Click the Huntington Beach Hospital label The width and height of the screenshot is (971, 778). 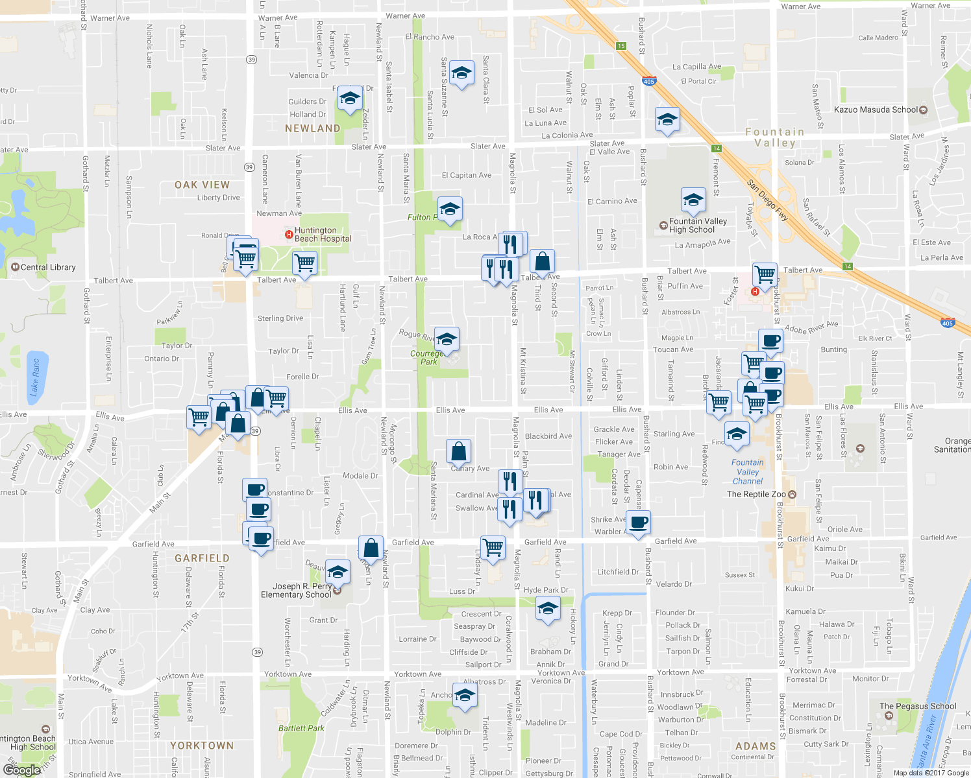coord(323,235)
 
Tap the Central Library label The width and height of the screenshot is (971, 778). coord(48,267)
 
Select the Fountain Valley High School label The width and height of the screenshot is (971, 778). coord(698,226)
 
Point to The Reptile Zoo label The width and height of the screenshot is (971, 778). coord(756,494)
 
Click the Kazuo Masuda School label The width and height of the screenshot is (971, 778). coord(876,110)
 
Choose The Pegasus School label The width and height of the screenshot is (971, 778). coord(918,706)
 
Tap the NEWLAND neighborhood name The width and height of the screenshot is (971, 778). coord(312,128)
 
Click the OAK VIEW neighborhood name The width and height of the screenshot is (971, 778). coord(202,185)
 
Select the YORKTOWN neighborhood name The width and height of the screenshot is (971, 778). coord(202,746)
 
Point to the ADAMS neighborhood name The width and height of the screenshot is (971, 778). coord(756,746)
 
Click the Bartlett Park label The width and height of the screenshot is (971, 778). coord(301,728)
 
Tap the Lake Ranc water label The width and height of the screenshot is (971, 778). coord(35,377)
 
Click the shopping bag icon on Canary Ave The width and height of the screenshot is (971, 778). coord(458,451)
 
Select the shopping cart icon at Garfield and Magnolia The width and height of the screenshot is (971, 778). coord(493,547)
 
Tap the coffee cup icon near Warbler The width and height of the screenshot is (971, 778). coord(639,523)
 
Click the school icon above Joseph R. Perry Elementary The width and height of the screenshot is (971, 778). coord(337,572)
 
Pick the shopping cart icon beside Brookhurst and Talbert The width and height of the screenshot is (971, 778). coord(765,274)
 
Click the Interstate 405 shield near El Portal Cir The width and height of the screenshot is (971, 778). coord(649,81)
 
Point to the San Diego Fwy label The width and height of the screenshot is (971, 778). coord(767,201)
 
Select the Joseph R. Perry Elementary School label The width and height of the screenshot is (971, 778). coord(296,591)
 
